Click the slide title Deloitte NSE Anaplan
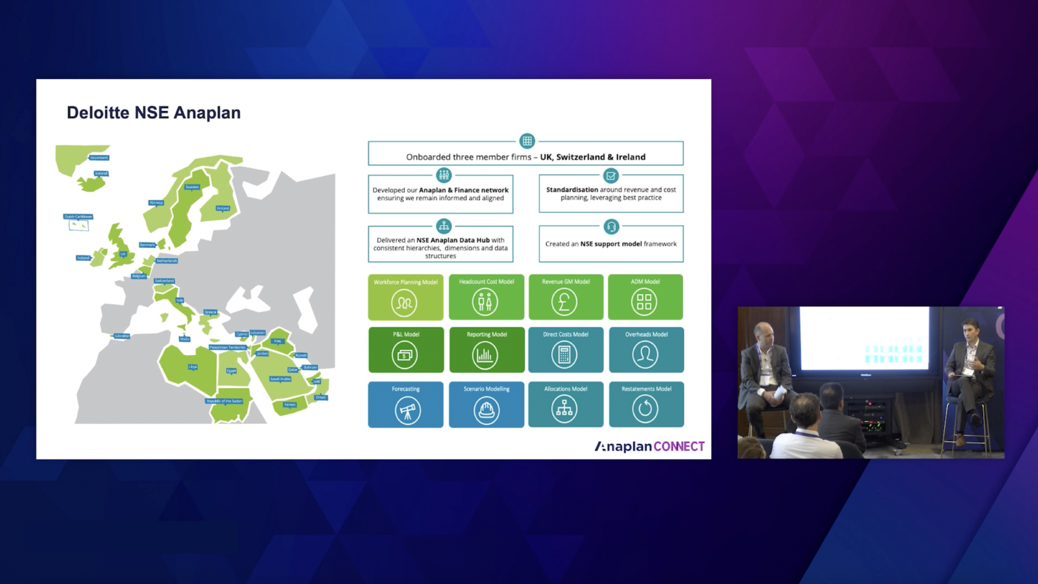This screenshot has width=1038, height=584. click(154, 113)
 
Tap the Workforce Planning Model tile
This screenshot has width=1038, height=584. click(405, 297)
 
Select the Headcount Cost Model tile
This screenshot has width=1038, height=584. click(486, 297)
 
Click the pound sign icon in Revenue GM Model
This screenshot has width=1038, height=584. click(564, 302)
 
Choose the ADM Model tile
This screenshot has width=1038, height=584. click(645, 297)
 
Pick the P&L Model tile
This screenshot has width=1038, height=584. click(405, 350)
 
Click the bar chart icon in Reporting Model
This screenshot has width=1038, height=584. click(485, 355)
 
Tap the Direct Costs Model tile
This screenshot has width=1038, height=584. click(565, 350)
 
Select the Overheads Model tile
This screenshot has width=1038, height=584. click(646, 350)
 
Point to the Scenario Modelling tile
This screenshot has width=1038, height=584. click(486, 404)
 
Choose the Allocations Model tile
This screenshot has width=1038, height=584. click(565, 404)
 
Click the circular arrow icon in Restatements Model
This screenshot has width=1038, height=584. click(645, 409)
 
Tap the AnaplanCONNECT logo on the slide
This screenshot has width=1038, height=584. click(649, 446)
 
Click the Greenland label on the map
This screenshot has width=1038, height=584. click(99, 158)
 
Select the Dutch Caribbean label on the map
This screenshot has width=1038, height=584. click(78, 217)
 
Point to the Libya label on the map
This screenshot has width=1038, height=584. click(193, 367)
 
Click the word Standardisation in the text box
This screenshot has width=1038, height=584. click(572, 190)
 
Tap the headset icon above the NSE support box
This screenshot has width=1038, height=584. click(611, 226)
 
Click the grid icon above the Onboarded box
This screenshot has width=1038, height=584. click(527, 141)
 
